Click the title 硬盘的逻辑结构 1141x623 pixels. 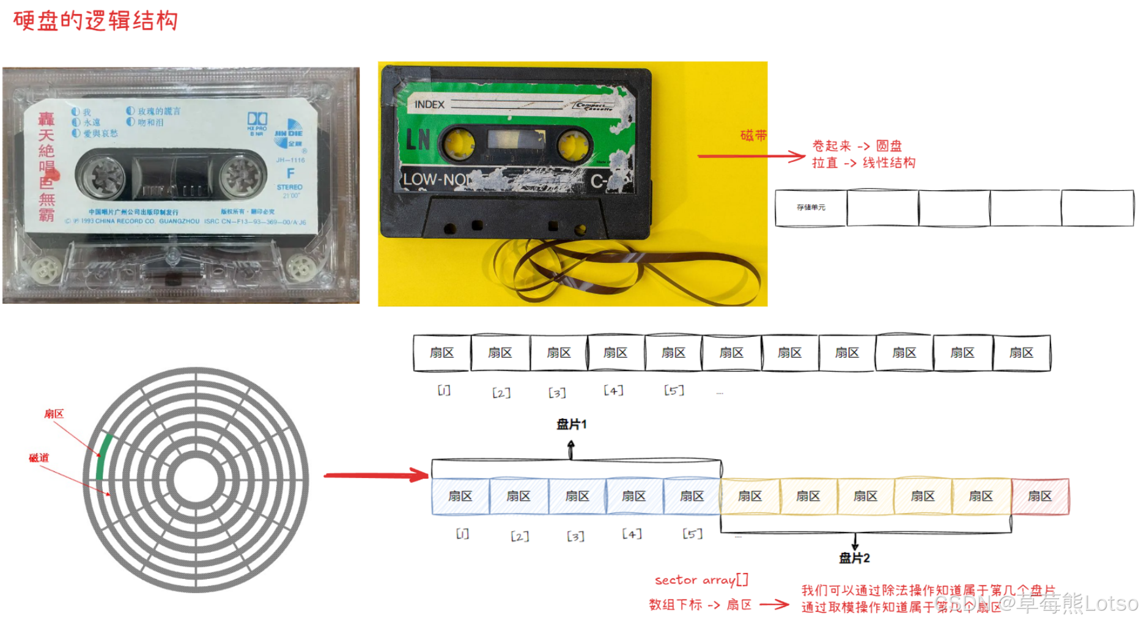click(x=95, y=21)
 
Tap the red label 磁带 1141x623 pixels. click(x=753, y=135)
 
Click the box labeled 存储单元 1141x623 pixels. click(x=811, y=208)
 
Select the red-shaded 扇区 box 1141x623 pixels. click(x=1040, y=496)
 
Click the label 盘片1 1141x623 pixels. click(x=571, y=424)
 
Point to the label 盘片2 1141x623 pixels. click(x=854, y=558)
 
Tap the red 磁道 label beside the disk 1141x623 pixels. click(x=39, y=458)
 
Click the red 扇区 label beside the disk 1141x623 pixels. click(x=54, y=414)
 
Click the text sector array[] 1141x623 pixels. click(x=701, y=580)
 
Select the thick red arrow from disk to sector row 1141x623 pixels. click(x=376, y=475)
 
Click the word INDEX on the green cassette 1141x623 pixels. click(x=429, y=105)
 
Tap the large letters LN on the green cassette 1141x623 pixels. click(x=419, y=140)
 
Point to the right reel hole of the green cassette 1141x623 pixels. click(x=574, y=146)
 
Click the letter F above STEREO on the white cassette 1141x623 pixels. click(x=290, y=174)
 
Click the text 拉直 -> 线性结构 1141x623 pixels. click(x=863, y=163)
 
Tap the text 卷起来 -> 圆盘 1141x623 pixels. click(x=857, y=146)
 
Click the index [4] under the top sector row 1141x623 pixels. click(x=613, y=390)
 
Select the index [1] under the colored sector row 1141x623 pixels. click(x=463, y=534)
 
